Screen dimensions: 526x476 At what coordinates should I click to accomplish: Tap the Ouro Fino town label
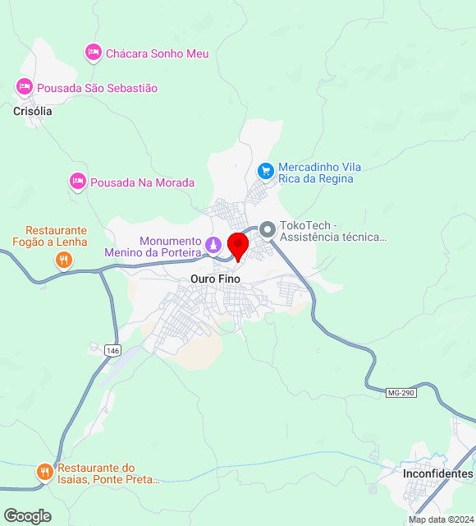tap(215, 279)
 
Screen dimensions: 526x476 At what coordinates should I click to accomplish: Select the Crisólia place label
tap(33, 111)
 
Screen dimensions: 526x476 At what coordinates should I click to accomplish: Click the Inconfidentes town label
tap(437, 474)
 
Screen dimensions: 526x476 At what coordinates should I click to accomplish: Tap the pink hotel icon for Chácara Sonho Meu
tap(93, 53)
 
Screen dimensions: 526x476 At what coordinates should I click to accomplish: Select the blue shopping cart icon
tap(265, 171)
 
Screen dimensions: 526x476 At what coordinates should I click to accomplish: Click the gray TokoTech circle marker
tap(268, 230)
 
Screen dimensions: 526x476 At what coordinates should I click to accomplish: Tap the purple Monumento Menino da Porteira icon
tap(213, 246)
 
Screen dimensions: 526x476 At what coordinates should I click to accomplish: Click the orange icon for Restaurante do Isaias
tap(44, 473)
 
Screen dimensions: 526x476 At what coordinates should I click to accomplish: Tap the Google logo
tap(27, 516)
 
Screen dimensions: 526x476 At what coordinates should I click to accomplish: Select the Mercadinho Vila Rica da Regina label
tap(320, 173)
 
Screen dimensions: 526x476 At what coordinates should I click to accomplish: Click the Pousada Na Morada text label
tap(142, 182)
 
